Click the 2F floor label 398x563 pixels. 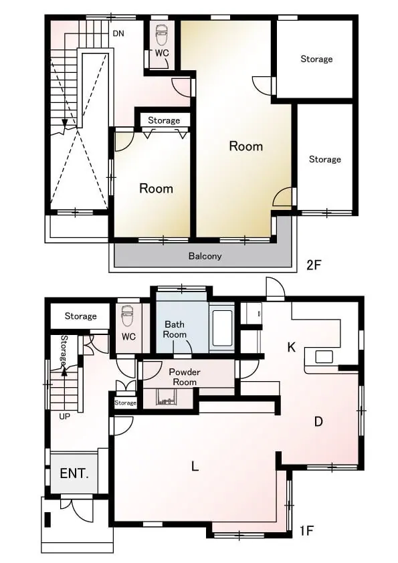[313, 265]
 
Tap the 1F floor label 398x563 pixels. [307, 530]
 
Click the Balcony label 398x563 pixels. [205, 256]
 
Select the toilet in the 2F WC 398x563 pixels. [161, 35]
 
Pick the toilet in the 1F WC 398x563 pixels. [127, 316]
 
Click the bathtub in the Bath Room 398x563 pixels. [221, 328]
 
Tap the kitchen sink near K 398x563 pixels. [324, 357]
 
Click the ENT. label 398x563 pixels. [74, 473]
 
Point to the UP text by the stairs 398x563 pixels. [64, 417]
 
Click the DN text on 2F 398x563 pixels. [118, 33]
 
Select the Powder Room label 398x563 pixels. [185, 376]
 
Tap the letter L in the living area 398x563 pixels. [195, 467]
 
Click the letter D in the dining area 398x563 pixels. [318, 421]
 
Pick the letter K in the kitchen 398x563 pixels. [292, 347]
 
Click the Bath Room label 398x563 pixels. [175, 329]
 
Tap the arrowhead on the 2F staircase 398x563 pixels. [65, 123]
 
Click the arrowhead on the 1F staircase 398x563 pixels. [64, 372]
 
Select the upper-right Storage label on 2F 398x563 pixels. [316, 59]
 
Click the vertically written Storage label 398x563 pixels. [64, 350]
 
